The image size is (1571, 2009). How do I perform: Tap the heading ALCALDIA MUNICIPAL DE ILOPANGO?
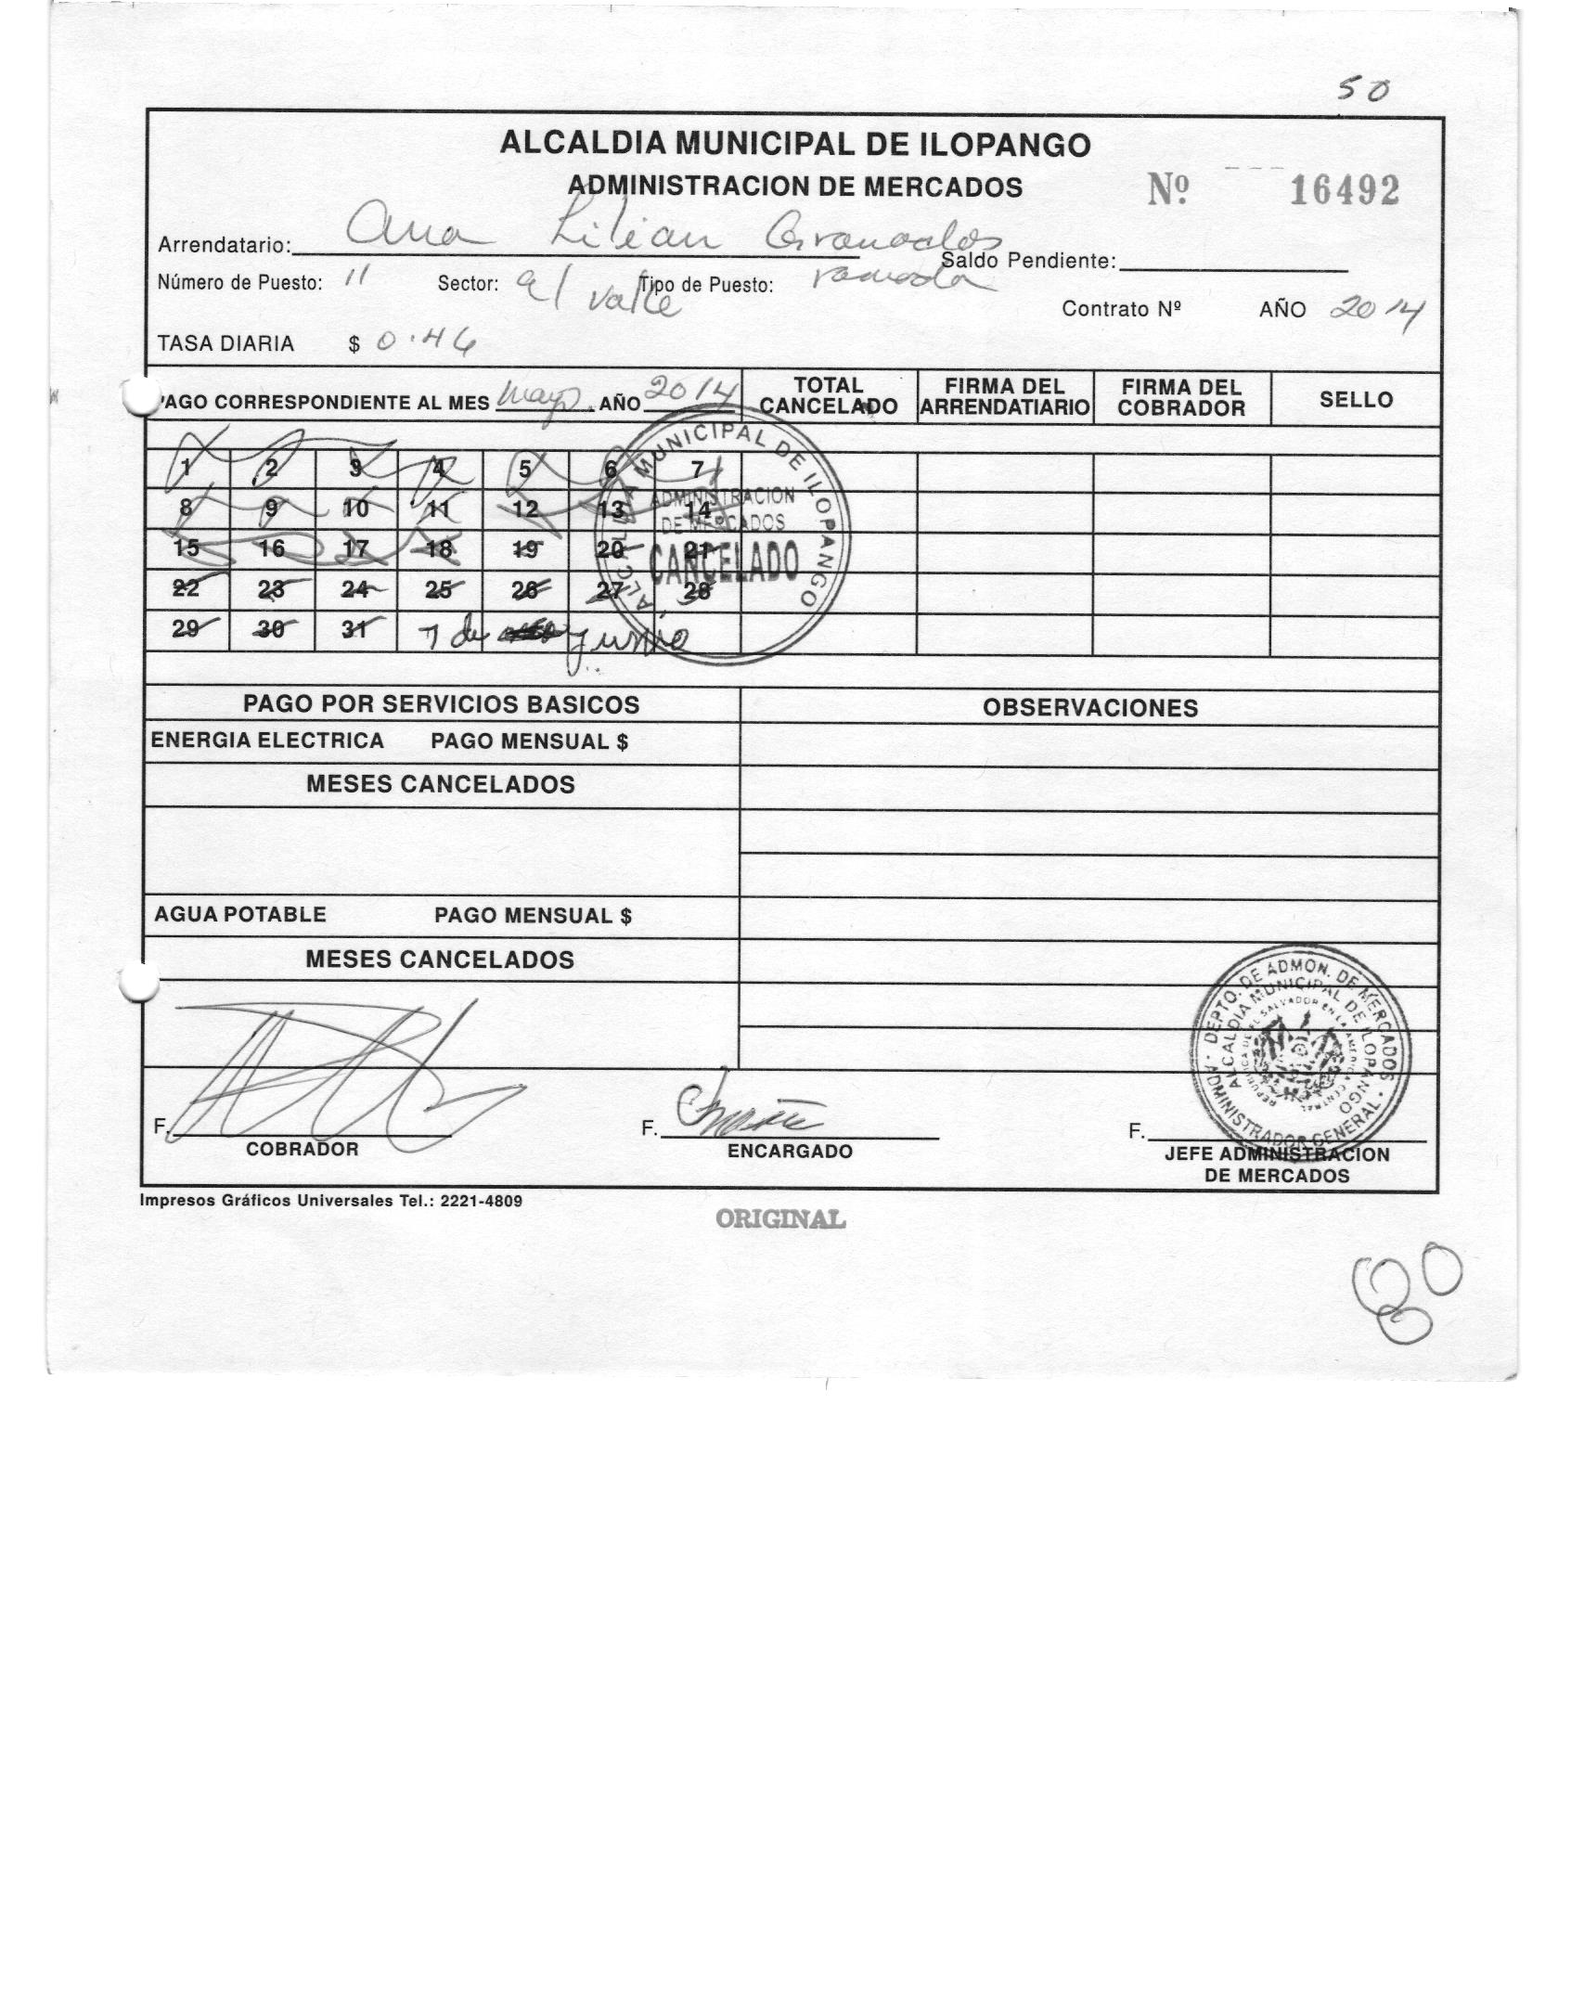(794, 145)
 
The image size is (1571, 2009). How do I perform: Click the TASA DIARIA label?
(225, 344)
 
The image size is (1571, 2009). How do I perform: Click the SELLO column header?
(1356, 400)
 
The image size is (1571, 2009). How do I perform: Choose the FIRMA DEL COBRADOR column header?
(1181, 398)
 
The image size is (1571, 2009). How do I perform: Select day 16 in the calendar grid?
(271, 548)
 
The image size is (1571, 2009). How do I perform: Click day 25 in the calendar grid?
(439, 589)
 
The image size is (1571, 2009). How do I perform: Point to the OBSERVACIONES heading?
(1089, 708)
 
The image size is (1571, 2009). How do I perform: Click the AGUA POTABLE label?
(240, 915)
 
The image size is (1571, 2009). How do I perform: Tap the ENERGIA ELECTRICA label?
(267, 740)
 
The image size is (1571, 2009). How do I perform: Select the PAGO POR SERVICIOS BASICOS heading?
(441, 704)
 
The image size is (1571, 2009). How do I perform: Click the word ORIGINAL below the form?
(779, 1219)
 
